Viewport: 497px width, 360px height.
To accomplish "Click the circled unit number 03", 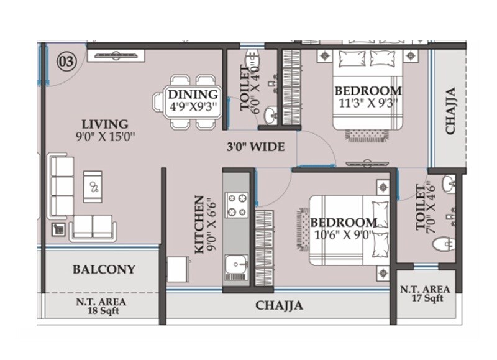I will point(66,62).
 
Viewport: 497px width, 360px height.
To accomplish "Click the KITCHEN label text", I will point(199,224).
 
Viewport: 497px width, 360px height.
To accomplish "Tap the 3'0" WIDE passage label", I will point(255,147).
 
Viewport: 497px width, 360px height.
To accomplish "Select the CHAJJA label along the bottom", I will point(279,305).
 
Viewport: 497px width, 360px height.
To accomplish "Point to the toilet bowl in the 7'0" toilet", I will point(445,244).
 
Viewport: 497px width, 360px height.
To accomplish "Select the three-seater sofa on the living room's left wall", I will point(62,186).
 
